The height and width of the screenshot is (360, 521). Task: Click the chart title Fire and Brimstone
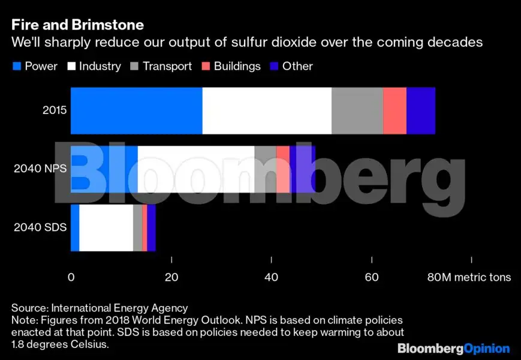[77, 26]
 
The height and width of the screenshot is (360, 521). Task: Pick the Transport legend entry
[161, 66]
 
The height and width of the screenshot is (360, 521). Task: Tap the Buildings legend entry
[231, 66]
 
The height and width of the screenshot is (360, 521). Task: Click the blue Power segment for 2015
[137, 110]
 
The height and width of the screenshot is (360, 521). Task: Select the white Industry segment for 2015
[267, 110]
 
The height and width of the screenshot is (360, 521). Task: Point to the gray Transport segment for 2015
[357, 110]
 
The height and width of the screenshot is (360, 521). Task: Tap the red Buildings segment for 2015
[394, 110]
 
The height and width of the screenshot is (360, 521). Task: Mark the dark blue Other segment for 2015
[421, 110]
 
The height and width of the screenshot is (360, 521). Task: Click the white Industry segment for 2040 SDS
[106, 228]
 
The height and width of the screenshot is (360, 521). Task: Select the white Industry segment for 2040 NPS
[196, 169]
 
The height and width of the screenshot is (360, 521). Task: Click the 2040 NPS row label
[40, 169]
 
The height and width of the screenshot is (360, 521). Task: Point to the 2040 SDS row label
[40, 228]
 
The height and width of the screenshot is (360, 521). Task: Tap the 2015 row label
[54, 110]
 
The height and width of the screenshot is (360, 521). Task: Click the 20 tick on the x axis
[171, 277]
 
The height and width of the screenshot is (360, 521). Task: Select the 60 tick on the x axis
[372, 277]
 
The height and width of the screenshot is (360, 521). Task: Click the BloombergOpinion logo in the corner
[454, 348]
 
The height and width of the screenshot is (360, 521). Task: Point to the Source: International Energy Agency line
[100, 308]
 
